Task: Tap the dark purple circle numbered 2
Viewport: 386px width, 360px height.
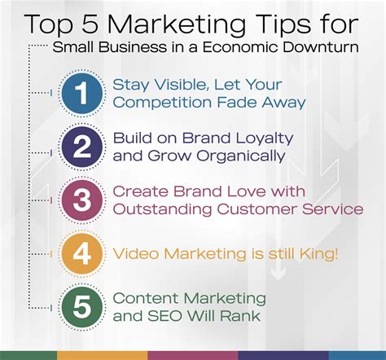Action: click(81, 147)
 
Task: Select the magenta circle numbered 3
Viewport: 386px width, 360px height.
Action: click(81, 200)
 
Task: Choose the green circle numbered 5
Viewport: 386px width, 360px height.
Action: click(81, 305)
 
